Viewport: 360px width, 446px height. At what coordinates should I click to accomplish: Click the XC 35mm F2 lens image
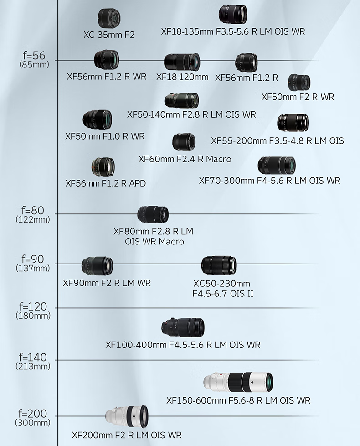click(x=109, y=18)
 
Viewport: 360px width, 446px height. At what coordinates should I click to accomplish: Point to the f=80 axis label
click(x=33, y=210)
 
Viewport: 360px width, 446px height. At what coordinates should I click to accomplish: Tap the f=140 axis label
click(x=33, y=357)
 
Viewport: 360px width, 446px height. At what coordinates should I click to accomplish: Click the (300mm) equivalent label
click(x=33, y=423)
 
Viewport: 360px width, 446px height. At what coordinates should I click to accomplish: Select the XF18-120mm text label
click(x=182, y=77)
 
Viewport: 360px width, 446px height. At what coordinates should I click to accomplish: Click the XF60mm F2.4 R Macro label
click(x=185, y=159)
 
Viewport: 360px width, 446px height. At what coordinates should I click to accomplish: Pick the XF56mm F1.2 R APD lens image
click(x=103, y=167)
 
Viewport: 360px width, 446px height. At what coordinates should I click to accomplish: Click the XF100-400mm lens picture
click(x=183, y=327)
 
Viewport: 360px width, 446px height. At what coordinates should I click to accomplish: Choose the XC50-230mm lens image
click(x=219, y=265)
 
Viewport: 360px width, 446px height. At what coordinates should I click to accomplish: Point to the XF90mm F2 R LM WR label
click(x=107, y=283)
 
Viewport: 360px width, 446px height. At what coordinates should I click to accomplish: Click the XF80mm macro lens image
click(x=153, y=214)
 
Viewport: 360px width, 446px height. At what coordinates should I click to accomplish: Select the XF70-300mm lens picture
click(x=277, y=165)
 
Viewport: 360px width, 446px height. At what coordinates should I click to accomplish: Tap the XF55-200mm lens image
click(x=293, y=123)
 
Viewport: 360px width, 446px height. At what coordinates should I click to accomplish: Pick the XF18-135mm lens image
click(x=233, y=14)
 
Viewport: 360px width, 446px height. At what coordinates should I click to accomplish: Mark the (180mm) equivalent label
click(x=33, y=315)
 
